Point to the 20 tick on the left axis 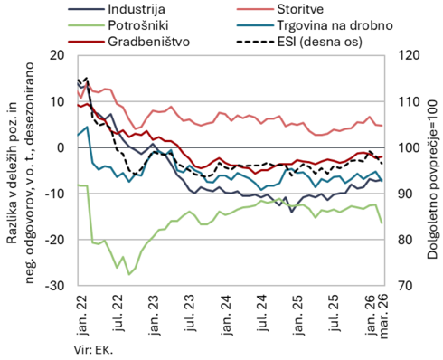(x=57, y=55)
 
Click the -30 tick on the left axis (x=54, y=286)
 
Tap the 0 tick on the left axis (x=61, y=147)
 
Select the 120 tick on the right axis (x=409, y=55)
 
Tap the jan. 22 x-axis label (x=82, y=315)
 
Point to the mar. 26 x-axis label (x=383, y=316)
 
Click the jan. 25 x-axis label (x=297, y=315)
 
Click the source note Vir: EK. (x=93, y=350)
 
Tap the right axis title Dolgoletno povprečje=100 (x=432, y=179)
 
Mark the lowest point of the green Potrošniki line (x=129, y=274)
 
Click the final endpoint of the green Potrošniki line (x=382, y=223)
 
